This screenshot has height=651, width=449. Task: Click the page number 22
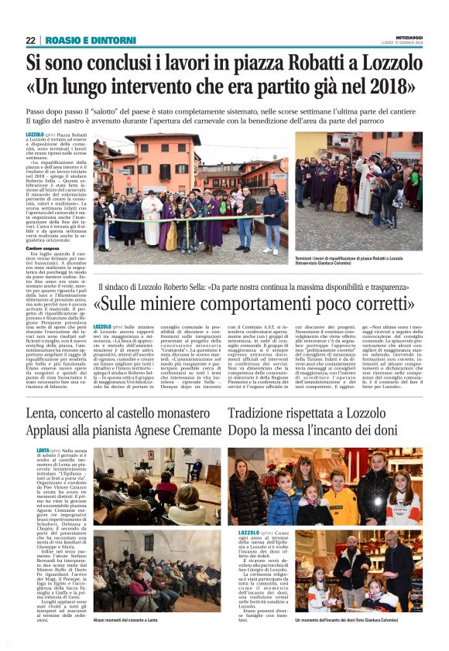pos(30,40)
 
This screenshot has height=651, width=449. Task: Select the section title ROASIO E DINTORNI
pos(82,40)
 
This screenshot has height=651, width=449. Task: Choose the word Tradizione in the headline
pos(267,413)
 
